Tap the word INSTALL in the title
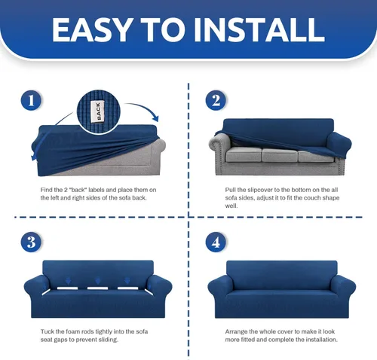(x=259, y=30)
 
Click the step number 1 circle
(x=31, y=100)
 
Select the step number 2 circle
(x=216, y=100)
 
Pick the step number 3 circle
(x=31, y=242)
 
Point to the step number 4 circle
(x=216, y=242)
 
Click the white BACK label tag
(x=98, y=111)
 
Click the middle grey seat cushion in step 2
(x=280, y=155)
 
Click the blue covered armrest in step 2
(x=339, y=145)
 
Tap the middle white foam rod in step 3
(x=97, y=288)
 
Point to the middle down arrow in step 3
(x=98, y=281)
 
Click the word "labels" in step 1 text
(x=97, y=190)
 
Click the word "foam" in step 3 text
(x=72, y=331)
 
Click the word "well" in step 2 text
(x=231, y=206)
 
